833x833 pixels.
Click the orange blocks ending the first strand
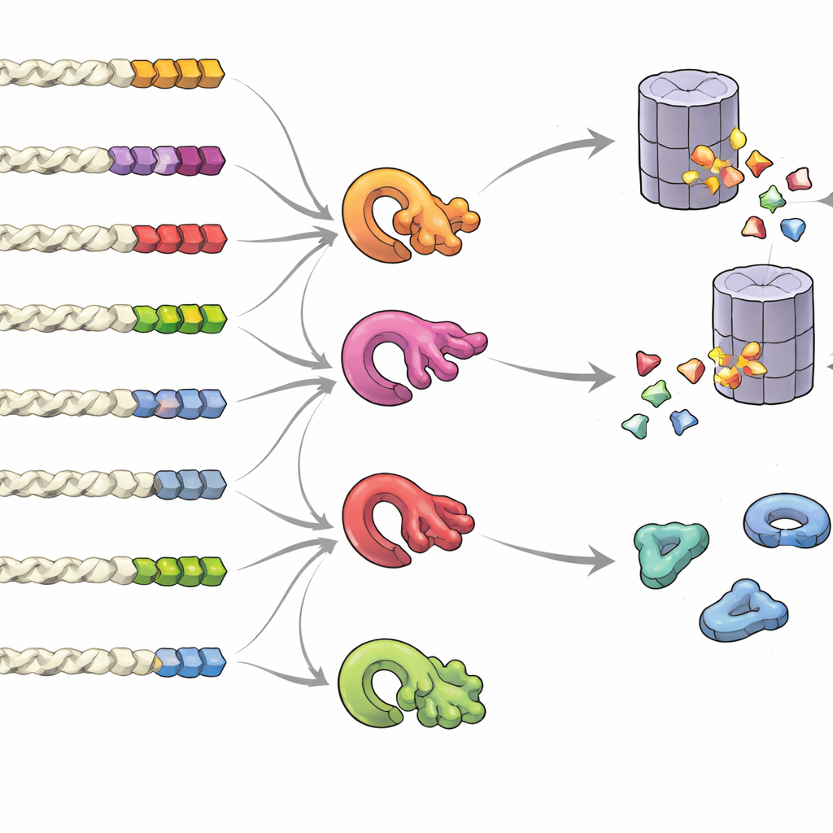point(177,73)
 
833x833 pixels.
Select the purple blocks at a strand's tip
point(166,159)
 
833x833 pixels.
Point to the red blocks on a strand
point(179,238)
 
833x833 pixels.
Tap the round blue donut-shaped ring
point(787,521)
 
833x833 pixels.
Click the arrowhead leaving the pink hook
point(602,377)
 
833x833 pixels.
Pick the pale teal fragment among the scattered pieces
point(635,425)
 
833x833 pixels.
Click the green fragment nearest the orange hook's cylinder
point(771,198)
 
